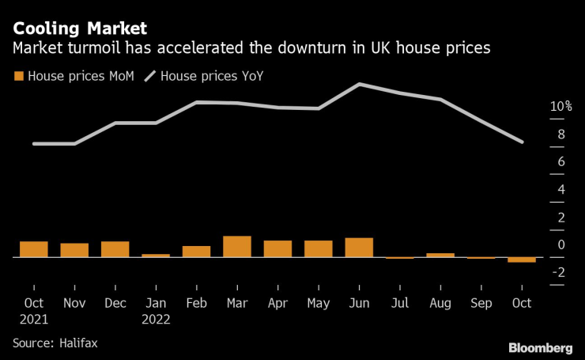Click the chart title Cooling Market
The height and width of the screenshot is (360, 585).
point(80,28)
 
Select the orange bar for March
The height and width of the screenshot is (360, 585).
point(237,247)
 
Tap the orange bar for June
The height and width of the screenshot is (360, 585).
point(359,248)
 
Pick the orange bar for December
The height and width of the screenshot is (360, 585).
point(115,249)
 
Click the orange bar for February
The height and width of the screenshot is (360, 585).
point(197,252)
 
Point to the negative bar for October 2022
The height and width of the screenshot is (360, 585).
point(522,260)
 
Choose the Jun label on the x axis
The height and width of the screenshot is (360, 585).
point(359,303)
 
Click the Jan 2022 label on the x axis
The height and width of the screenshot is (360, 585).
point(156,311)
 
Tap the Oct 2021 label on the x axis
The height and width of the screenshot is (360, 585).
point(34,311)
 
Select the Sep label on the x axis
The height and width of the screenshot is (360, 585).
point(481,303)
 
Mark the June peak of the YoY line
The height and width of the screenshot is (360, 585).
point(360,84)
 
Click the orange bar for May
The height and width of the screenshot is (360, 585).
point(319,248)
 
